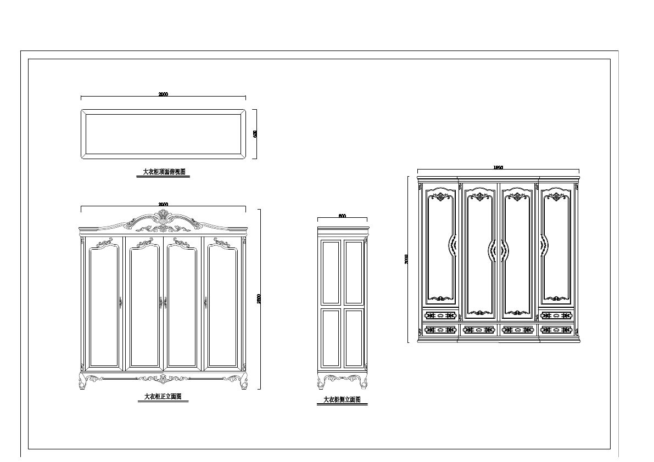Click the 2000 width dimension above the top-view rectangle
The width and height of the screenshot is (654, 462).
[x=163, y=94]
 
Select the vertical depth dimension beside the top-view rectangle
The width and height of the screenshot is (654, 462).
[x=255, y=133]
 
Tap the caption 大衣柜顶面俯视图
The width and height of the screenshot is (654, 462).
[x=164, y=172]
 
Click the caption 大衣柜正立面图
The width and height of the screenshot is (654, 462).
[x=163, y=397]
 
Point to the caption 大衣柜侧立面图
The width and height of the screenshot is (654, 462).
[x=342, y=400]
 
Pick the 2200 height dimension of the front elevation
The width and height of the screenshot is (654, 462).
[x=259, y=298]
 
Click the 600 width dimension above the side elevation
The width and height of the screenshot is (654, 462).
[x=342, y=216]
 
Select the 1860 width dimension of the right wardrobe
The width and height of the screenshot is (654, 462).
[x=498, y=167]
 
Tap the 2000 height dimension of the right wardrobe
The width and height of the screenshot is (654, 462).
[x=407, y=258]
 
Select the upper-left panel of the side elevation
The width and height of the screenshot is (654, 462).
[x=331, y=272]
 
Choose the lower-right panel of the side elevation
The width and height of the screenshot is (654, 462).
[x=354, y=338]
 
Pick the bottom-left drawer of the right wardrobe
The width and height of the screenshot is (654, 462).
[x=440, y=330]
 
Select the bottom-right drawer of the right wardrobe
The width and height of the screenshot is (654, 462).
[x=556, y=330]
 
